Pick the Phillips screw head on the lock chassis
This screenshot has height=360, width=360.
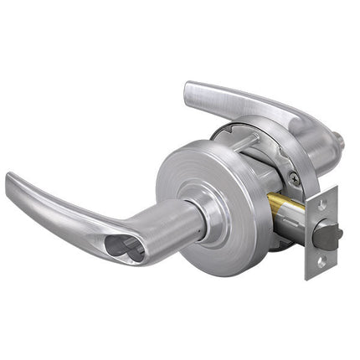(x=291, y=178)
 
